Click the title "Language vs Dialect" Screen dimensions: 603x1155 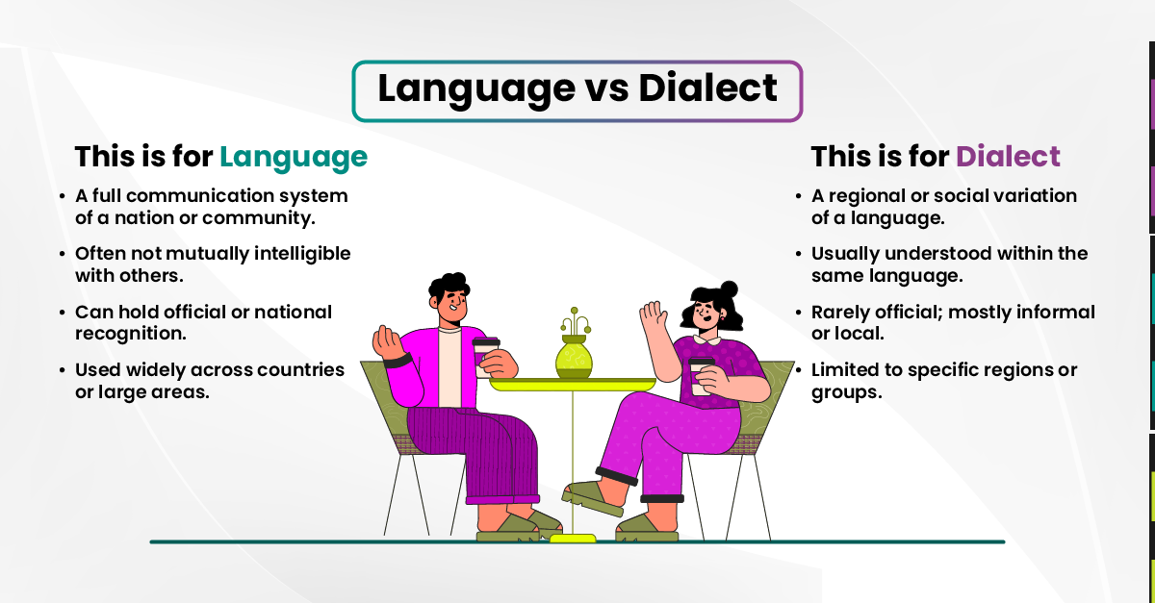[577, 89]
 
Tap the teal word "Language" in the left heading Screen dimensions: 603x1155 [293, 157]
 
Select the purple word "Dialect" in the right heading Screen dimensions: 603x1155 [1008, 157]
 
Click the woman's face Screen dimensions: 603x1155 [702, 315]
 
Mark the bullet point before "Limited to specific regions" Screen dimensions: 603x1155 [798, 370]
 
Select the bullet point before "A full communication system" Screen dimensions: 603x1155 [63, 196]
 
